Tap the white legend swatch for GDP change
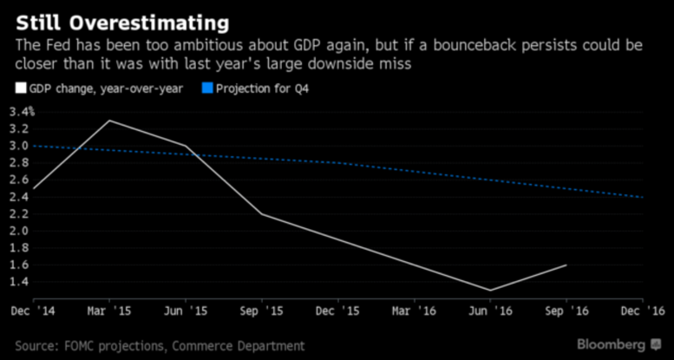tap(21, 88)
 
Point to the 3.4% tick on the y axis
tap(22, 111)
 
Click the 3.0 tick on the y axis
tap(18, 146)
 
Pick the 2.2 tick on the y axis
tap(18, 213)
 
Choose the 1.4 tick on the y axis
tap(18, 282)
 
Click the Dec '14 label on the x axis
tap(32, 309)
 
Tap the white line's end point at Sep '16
tap(566, 265)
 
